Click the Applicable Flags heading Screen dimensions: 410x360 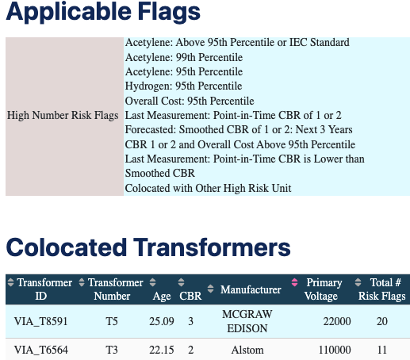[x=103, y=12]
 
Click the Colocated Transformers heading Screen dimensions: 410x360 [x=148, y=247]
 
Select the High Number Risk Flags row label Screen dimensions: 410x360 [x=63, y=116]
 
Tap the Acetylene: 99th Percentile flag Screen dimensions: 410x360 [x=184, y=57]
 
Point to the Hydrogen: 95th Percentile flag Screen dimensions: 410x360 [x=183, y=86]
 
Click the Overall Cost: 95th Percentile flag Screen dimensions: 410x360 [x=190, y=101]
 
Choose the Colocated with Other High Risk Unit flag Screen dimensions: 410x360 [x=209, y=188]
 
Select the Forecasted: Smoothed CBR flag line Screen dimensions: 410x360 [x=239, y=130]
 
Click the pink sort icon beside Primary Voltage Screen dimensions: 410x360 [x=294, y=282]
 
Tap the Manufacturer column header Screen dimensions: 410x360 [x=251, y=289]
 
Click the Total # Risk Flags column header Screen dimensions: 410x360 [x=382, y=289]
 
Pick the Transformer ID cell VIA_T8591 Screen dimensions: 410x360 [x=41, y=321]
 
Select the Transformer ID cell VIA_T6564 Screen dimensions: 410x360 [x=41, y=350]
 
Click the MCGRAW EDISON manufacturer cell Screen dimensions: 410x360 [x=247, y=321]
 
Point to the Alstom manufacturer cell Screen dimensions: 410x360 [x=247, y=350]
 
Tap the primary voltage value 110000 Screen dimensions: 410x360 [x=335, y=350]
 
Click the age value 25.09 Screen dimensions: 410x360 [x=162, y=321]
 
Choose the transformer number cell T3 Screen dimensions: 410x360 [x=112, y=350]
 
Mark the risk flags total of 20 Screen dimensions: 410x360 [x=382, y=321]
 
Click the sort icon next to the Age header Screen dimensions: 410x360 [x=152, y=282]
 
